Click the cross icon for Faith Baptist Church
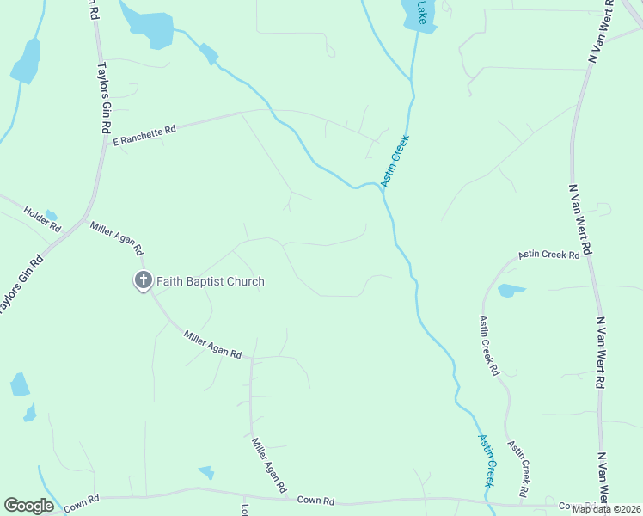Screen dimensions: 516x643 coord(143,280)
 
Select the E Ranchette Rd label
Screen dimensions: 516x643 coord(144,134)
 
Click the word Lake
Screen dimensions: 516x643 coord(421,10)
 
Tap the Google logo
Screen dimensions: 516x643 coord(28,506)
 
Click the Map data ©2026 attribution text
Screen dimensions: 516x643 coord(605,509)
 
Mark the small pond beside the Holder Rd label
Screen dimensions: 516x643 coord(51,215)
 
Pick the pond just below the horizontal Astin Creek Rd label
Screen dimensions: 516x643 coord(511,290)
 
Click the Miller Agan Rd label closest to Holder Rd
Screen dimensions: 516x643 coord(116,237)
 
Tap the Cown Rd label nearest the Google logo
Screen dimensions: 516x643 coord(82,498)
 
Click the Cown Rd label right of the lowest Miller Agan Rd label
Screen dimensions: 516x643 coord(315,500)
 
